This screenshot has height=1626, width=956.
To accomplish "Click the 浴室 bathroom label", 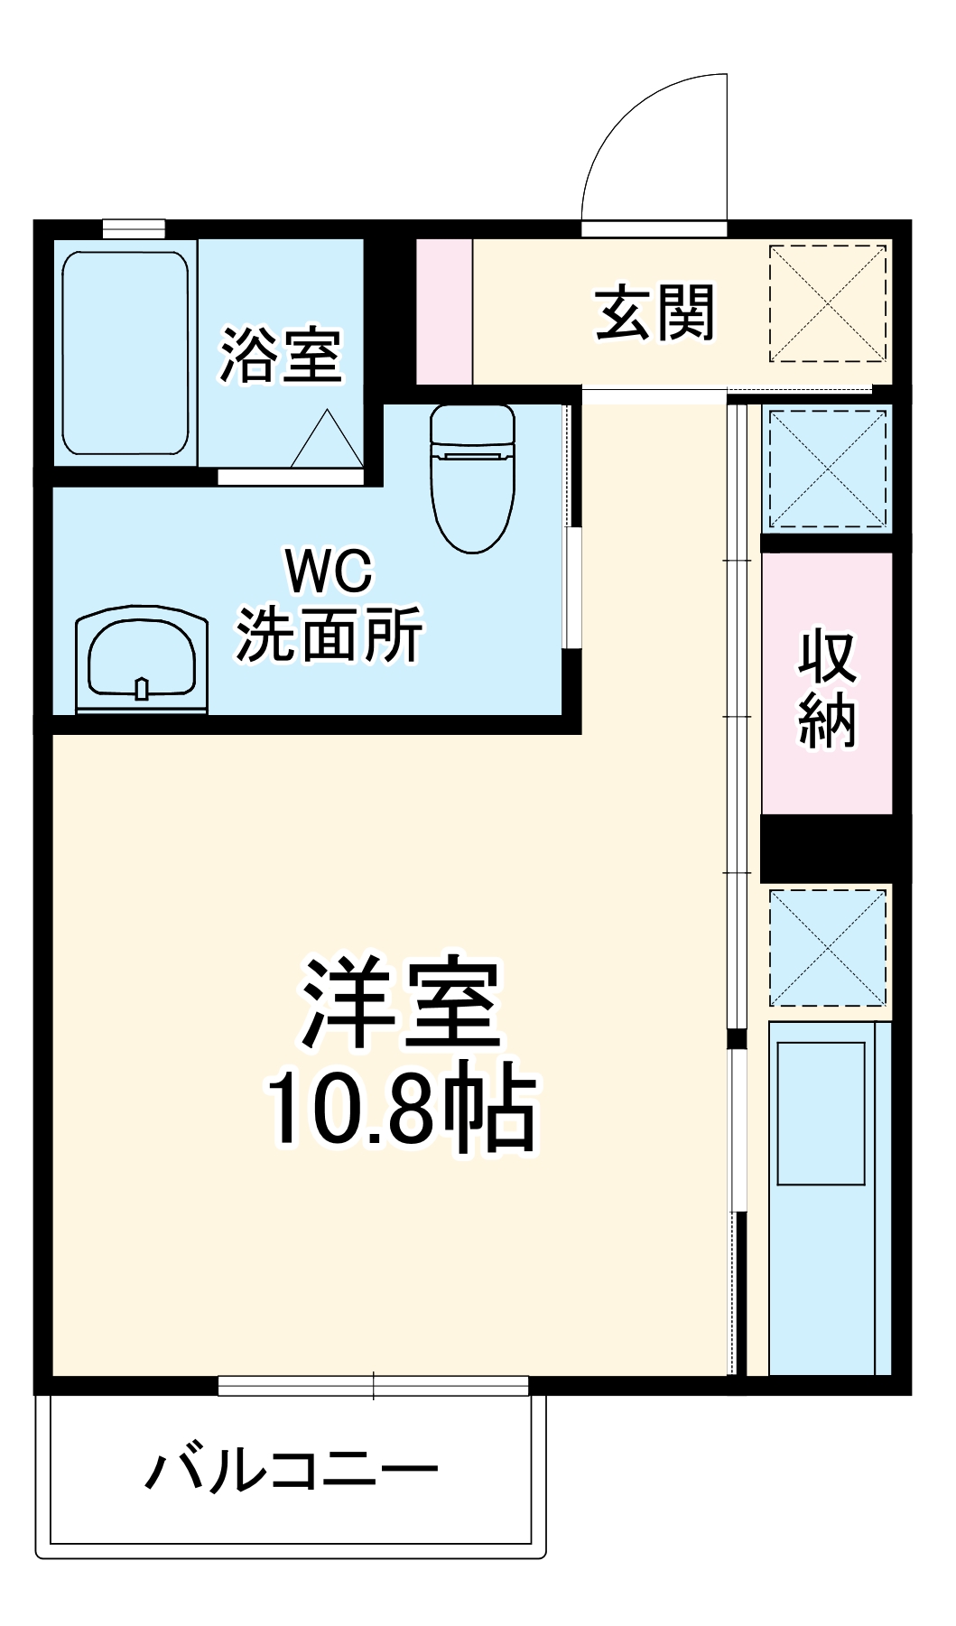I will point(281,355).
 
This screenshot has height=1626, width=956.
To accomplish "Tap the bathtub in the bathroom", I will point(125,353).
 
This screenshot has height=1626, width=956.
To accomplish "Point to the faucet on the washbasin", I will point(142,688).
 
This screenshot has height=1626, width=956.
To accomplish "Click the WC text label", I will point(329,571).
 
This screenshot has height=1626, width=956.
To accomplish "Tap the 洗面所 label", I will point(329,635).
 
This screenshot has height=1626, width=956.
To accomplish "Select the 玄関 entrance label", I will point(654,313).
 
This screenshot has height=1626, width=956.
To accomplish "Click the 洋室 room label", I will point(401,1002).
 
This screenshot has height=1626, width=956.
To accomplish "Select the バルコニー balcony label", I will point(291,1470).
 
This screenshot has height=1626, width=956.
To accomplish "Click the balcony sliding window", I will point(373,1385).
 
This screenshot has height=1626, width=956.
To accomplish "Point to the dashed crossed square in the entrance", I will point(827,303).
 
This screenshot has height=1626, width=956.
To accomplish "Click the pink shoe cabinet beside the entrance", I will point(444,311).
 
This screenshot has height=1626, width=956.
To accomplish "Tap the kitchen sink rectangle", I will point(821,1112).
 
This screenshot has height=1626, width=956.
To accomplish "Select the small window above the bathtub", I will point(134,228).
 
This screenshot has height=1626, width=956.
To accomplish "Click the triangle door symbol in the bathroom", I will point(327,441).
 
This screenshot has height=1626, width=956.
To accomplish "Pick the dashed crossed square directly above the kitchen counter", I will point(827,947).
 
